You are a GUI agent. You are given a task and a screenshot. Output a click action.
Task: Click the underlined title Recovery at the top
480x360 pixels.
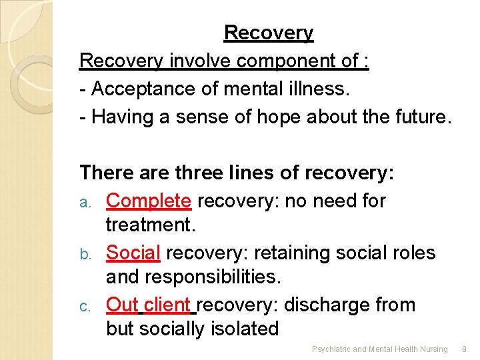[269, 33]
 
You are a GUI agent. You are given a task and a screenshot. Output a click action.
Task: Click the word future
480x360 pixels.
[421, 117]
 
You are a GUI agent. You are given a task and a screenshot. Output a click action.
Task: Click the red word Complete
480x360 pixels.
[149, 201]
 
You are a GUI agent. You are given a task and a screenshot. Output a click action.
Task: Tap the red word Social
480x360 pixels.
[133, 253]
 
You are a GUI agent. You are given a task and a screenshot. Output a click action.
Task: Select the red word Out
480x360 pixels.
[122, 305]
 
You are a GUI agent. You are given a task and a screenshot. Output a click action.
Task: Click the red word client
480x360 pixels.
[167, 305]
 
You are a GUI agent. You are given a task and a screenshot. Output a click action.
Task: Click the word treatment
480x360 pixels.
[150, 225]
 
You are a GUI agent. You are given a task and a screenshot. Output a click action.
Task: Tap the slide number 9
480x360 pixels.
[465, 349]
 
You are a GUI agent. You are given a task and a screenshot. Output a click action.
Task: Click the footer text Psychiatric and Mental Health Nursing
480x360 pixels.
[380, 349]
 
